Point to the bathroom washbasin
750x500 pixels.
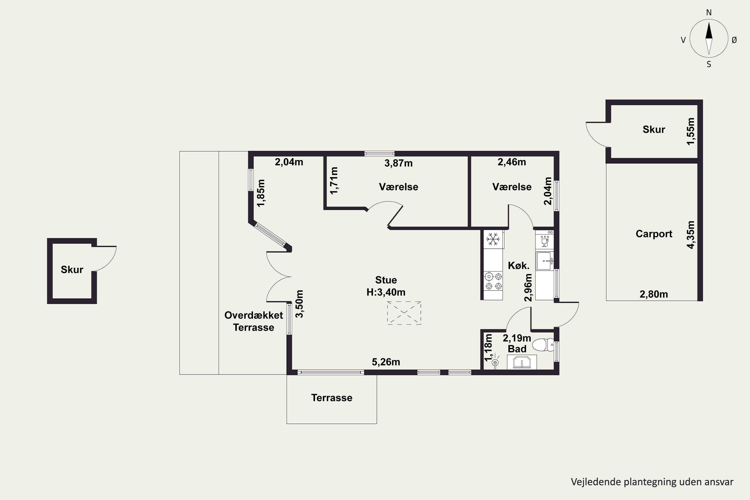(x=522, y=362)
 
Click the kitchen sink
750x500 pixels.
(x=545, y=261)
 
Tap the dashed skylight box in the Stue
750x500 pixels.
(x=404, y=313)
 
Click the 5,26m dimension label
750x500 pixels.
(x=386, y=362)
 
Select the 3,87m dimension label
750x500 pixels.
(x=398, y=163)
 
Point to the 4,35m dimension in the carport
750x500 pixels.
(x=690, y=235)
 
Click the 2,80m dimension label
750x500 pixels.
(x=654, y=294)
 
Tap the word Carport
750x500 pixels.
(x=654, y=234)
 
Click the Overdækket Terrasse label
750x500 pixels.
(x=253, y=321)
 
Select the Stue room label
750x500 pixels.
(x=386, y=280)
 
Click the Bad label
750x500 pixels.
(x=517, y=349)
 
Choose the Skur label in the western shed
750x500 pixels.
(x=72, y=270)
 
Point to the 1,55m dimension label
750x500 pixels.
(x=690, y=131)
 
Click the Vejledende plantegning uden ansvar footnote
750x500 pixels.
(x=652, y=482)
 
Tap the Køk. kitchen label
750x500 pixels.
(x=518, y=265)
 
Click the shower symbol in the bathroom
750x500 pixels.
(x=495, y=362)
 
